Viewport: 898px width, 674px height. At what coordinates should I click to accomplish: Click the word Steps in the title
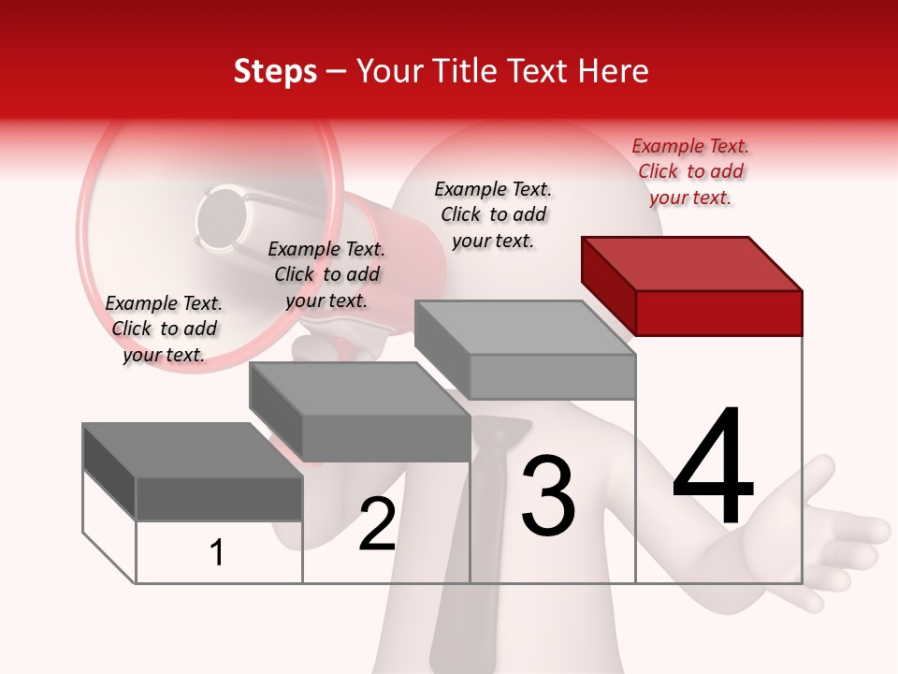coord(275,71)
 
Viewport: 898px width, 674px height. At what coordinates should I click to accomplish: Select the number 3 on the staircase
coord(548,496)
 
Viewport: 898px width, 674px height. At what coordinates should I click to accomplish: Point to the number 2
coord(377,524)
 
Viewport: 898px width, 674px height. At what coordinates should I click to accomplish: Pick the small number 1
coord(217,552)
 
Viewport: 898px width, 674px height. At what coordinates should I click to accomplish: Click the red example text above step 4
coord(690,171)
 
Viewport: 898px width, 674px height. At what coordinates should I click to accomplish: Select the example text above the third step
coord(493,214)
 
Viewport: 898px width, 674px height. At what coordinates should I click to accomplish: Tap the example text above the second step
coord(326,274)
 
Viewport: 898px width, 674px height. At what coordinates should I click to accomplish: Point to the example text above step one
coord(164,329)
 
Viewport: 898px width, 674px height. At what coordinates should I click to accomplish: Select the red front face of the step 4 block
coord(718,313)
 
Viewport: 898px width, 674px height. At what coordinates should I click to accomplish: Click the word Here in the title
coord(615,71)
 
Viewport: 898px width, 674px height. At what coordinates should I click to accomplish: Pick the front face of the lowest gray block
coord(219,498)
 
